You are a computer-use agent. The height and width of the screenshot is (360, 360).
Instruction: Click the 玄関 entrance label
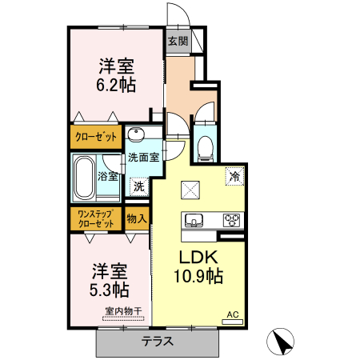[x=178, y=41]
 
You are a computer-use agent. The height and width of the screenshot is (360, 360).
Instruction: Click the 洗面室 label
[x=144, y=158]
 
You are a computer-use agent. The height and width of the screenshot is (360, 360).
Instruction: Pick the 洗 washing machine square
[x=139, y=186]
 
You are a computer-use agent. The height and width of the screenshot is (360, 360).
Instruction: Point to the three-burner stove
[x=232, y=220]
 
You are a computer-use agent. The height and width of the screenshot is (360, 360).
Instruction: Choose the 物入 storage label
[x=137, y=218]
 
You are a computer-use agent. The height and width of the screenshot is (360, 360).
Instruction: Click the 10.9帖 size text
[x=198, y=278]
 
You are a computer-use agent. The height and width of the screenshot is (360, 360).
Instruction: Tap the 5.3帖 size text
[x=110, y=288]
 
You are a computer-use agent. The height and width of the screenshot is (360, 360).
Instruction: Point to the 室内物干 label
[x=122, y=312]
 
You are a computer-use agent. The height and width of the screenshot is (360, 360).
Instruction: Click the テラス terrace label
[x=158, y=342]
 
